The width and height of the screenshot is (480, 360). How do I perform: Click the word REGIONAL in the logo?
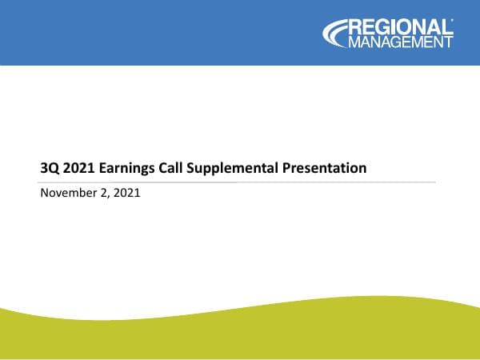pyautogui.click(x=400, y=27)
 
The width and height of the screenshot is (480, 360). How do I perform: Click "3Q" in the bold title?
pyautogui.click(x=49, y=168)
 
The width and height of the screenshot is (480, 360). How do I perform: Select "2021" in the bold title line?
pyautogui.click(x=78, y=168)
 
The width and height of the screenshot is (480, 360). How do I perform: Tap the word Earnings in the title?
pyautogui.click(x=127, y=168)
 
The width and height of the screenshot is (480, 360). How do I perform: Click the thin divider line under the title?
pyautogui.click(x=240, y=182)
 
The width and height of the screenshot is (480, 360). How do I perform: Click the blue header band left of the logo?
pyautogui.click(x=160, y=32)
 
